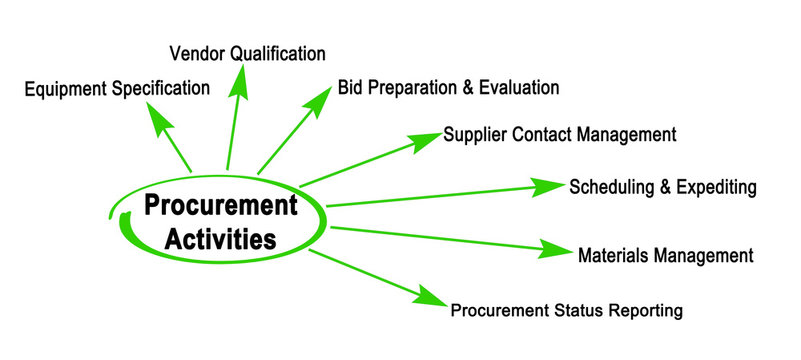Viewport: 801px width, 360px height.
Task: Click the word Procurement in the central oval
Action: click(221, 206)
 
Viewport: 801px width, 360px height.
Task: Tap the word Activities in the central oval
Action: click(221, 239)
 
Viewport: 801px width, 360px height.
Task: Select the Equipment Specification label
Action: click(117, 88)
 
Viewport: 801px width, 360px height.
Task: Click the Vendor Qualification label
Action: click(247, 52)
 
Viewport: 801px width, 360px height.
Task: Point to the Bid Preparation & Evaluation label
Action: click(448, 87)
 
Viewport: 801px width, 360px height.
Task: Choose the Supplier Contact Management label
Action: click(560, 134)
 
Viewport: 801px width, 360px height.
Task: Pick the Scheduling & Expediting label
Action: click(662, 187)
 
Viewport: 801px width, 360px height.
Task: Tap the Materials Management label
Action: click(665, 255)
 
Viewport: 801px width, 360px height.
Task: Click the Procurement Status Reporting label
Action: click(566, 310)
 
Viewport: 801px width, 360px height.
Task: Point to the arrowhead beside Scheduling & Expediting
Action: click(548, 187)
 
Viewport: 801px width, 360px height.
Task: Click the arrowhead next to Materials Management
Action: click(556, 249)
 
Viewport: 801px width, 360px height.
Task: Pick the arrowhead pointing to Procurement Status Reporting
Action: click(431, 297)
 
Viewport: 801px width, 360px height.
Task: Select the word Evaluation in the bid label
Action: click(522, 87)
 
